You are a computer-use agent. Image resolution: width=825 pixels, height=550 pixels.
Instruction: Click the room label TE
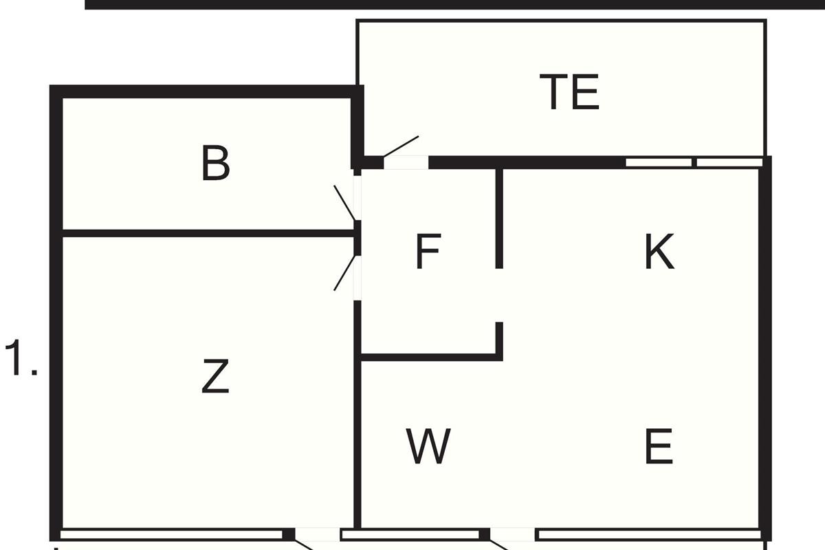click(x=569, y=93)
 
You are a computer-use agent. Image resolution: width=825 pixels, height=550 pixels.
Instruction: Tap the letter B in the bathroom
click(x=215, y=164)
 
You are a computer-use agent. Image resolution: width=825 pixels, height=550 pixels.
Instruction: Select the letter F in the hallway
click(x=428, y=252)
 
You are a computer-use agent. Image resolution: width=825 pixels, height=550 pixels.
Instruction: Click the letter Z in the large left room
click(x=214, y=377)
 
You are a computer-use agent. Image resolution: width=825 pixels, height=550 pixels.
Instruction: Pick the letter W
click(x=428, y=446)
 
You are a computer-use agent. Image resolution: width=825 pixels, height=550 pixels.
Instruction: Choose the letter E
click(x=659, y=446)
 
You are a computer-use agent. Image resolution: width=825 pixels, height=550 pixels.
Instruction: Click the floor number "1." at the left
click(x=21, y=359)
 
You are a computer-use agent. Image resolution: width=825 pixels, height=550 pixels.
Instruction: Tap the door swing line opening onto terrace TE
click(x=401, y=146)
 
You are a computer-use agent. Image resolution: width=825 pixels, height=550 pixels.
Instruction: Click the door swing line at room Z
click(x=345, y=273)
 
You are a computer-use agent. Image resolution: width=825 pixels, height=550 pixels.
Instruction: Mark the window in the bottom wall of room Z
click(x=171, y=534)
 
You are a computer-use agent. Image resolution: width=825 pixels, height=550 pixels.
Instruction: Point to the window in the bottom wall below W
click(x=410, y=534)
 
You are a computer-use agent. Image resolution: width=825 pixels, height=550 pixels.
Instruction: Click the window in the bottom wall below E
click(x=648, y=534)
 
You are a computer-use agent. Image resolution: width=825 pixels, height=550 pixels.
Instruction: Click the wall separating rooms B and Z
click(x=206, y=233)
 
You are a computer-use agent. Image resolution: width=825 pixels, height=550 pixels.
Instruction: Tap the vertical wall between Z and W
click(x=357, y=440)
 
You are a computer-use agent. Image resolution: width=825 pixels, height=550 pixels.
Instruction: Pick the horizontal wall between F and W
click(x=430, y=357)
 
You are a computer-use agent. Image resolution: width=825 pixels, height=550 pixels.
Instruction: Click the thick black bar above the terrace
click(x=454, y=4)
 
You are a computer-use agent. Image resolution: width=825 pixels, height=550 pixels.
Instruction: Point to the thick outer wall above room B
click(x=206, y=91)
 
